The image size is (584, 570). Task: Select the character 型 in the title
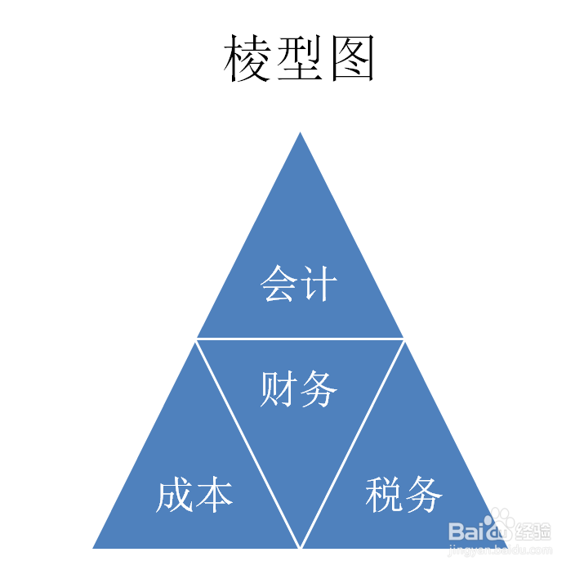(x=299, y=59)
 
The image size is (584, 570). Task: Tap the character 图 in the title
(x=352, y=59)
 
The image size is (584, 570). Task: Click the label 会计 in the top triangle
(x=299, y=285)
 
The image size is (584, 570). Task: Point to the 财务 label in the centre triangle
(x=299, y=389)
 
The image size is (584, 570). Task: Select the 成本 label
(x=195, y=495)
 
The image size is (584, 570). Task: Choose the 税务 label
(x=404, y=495)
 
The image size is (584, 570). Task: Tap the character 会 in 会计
(x=279, y=285)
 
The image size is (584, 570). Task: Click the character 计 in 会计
(x=319, y=285)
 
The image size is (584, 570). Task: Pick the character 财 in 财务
(x=279, y=389)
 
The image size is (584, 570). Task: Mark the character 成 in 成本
(x=176, y=495)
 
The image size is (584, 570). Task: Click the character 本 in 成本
(x=215, y=495)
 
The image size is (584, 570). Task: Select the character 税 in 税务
(x=385, y=495)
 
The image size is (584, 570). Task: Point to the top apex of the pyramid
(x=301, y=134)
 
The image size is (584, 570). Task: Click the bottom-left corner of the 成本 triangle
(x=95, y=546)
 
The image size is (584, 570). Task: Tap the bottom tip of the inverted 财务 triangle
(x=301, y=546)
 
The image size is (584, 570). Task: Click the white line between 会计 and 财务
(x=301, y=338)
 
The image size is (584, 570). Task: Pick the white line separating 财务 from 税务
(x=353, y=442)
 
